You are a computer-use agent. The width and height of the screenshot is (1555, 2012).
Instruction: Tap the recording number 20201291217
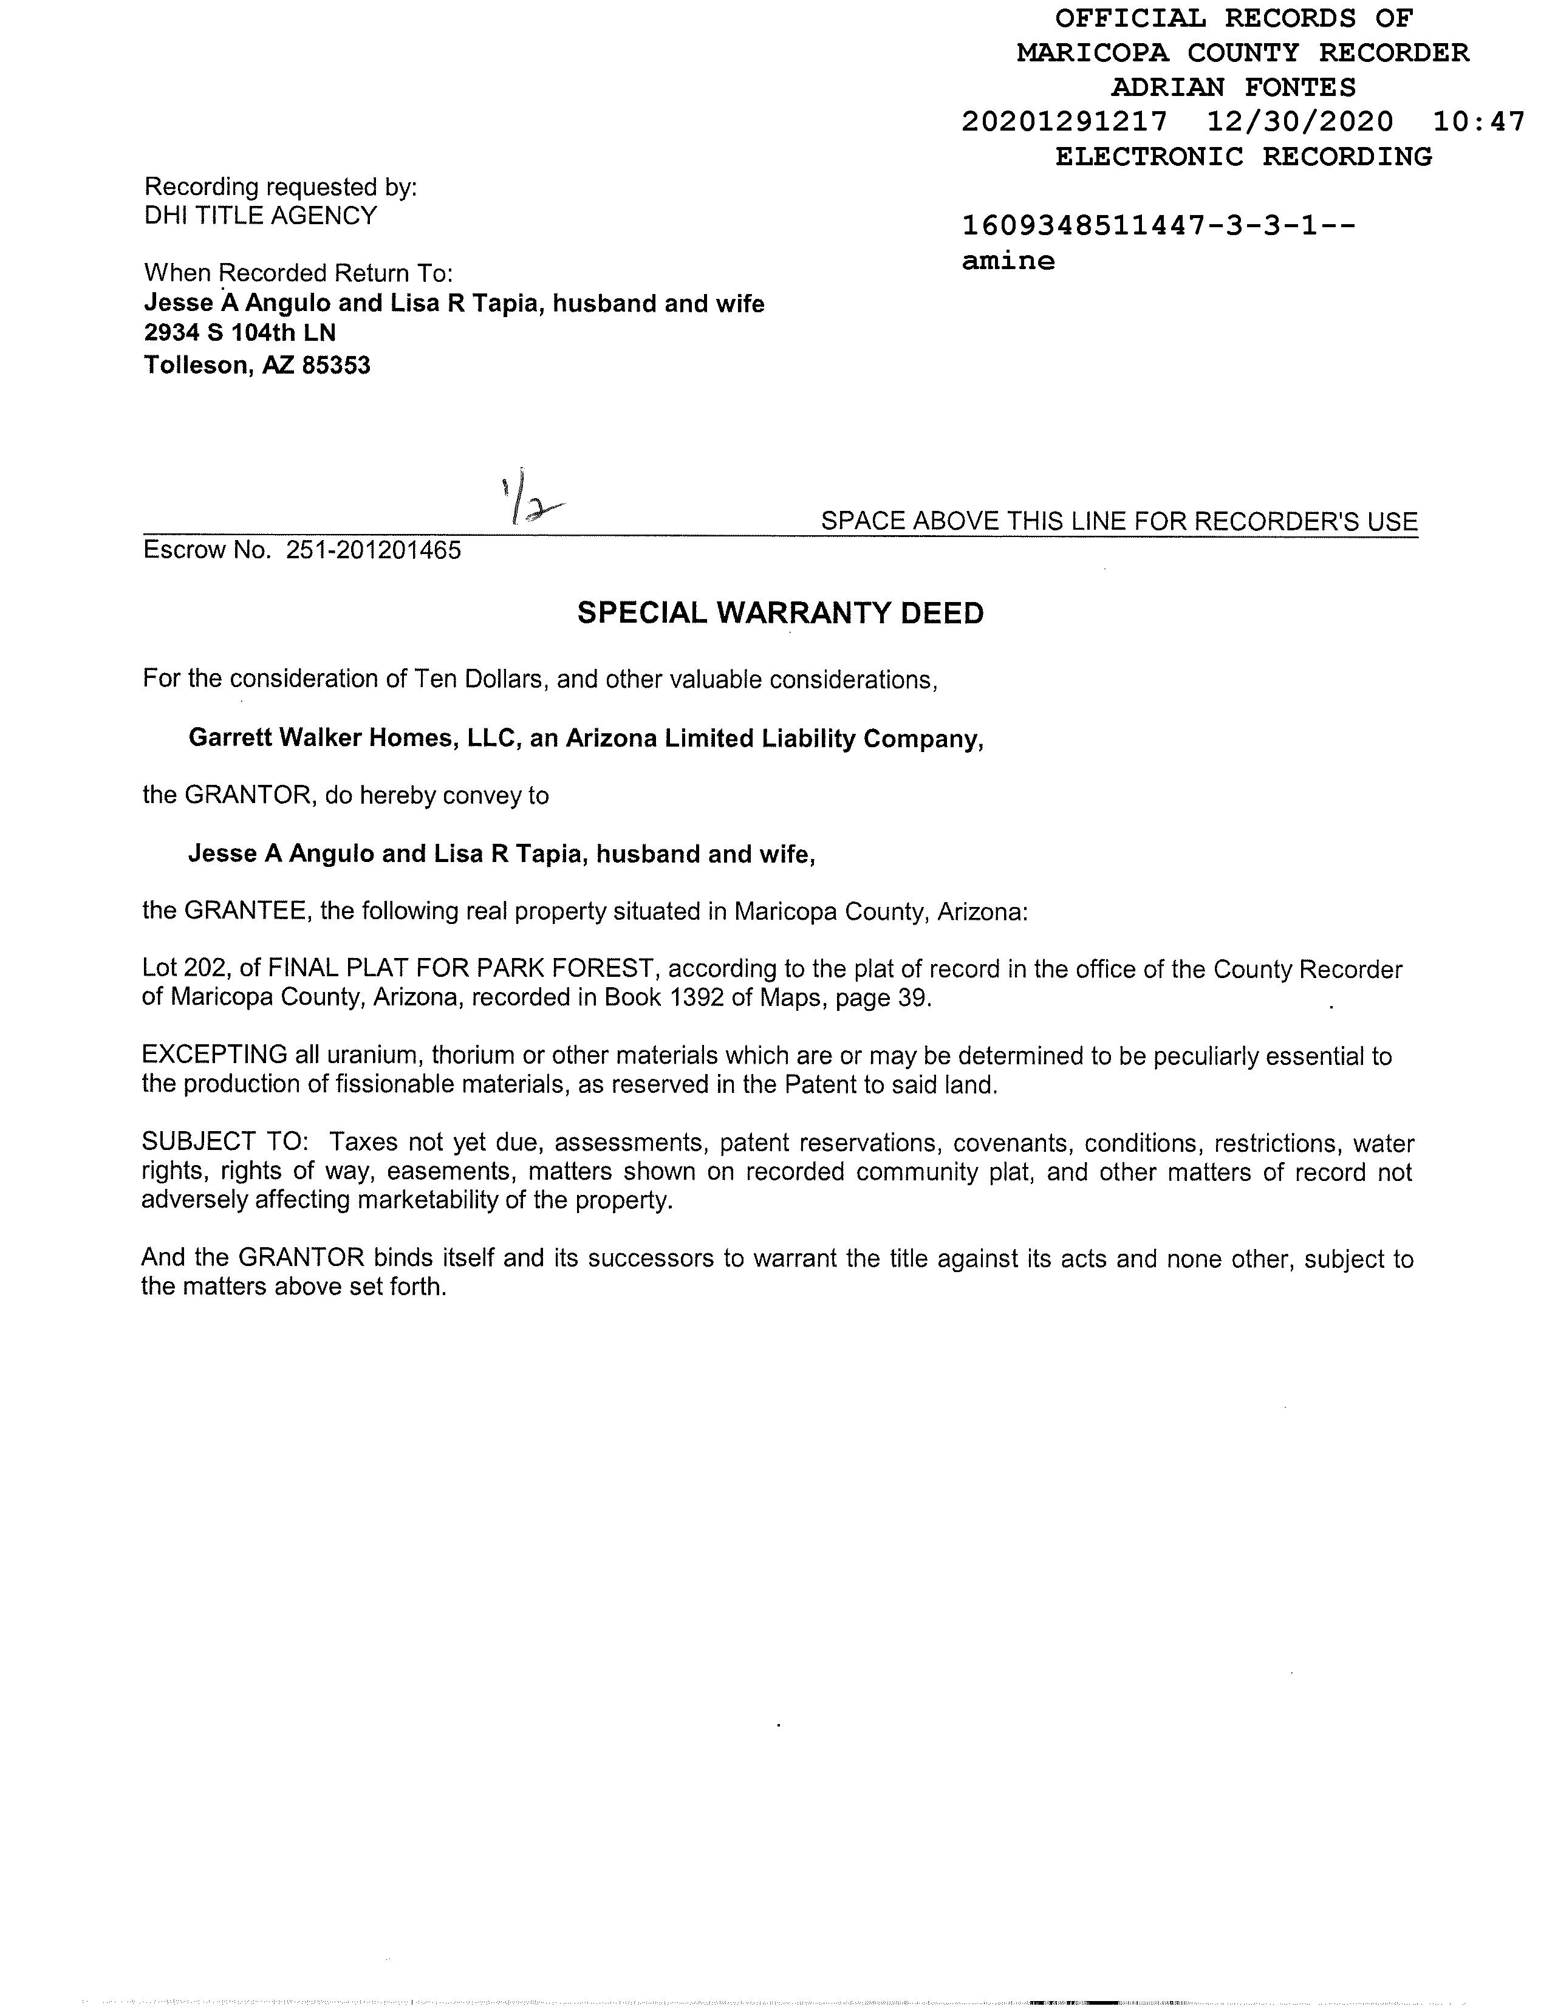point(1064,121)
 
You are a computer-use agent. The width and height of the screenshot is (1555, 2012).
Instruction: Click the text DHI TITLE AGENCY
point(261,216)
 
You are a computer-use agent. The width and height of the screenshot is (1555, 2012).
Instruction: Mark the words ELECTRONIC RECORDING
point(1243,157)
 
